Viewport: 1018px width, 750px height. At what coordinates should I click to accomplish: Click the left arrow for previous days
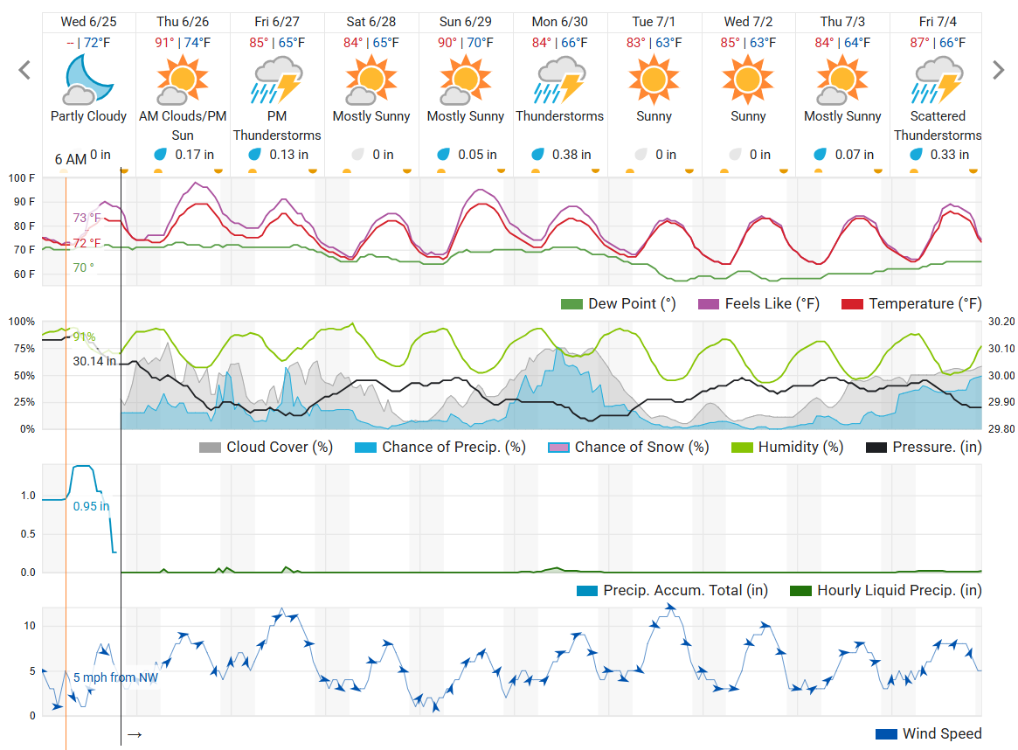click(24, 70)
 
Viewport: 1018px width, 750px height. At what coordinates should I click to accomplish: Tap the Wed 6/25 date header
click(88, 21)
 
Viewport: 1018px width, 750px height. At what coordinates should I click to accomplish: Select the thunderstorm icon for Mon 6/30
click(559, 80)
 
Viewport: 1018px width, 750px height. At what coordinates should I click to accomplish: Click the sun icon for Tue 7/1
click(654, 80)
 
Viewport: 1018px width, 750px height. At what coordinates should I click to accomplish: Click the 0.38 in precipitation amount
click(560, 155)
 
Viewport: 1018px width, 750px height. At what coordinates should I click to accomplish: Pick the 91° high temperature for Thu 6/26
click(165, 41)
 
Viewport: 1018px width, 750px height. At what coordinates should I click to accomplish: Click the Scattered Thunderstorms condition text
click(937, 125)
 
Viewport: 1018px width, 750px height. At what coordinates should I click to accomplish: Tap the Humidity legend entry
click(787, 448)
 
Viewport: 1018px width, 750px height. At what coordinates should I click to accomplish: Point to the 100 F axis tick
click(22, 178)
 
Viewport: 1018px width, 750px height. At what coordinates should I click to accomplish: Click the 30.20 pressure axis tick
click(1001, 322)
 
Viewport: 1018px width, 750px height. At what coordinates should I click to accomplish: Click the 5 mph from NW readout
click(115, 677)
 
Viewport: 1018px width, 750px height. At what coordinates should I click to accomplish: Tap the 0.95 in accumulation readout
click(91, 506)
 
